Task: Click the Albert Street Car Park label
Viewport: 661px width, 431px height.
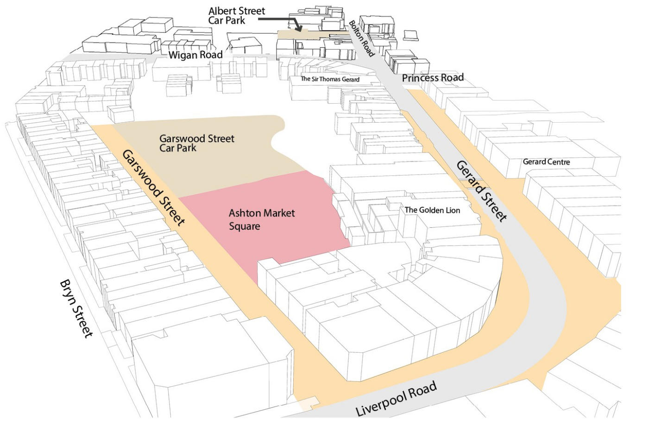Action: click(x=237, y=16)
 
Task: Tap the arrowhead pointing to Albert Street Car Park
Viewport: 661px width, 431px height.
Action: click(x=299, y=29)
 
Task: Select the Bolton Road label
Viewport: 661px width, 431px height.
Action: click(x=361, y=38)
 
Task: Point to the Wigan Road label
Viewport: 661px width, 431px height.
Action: click(x=195, y=55)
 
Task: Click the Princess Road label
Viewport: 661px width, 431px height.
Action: click(x=433, y=78)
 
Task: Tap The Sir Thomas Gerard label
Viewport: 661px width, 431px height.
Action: click(x=330, y=79)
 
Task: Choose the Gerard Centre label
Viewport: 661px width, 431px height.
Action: click(x=546, y=162)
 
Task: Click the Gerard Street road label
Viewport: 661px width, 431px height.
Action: click(x=482, y=192)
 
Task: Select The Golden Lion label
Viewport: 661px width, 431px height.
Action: click(x=432, y=210)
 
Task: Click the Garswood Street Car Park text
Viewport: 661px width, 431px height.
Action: click(x=197, y=143)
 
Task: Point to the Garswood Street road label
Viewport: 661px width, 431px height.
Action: click(x=153, y=187)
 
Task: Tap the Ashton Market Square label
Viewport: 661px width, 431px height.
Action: click(x=262, y=220)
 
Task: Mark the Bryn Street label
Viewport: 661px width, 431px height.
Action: click(x=76, y=309)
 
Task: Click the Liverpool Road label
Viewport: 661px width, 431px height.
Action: click(x=396, y=399)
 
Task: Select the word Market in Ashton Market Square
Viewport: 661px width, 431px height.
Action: click(x=279, y=213)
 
